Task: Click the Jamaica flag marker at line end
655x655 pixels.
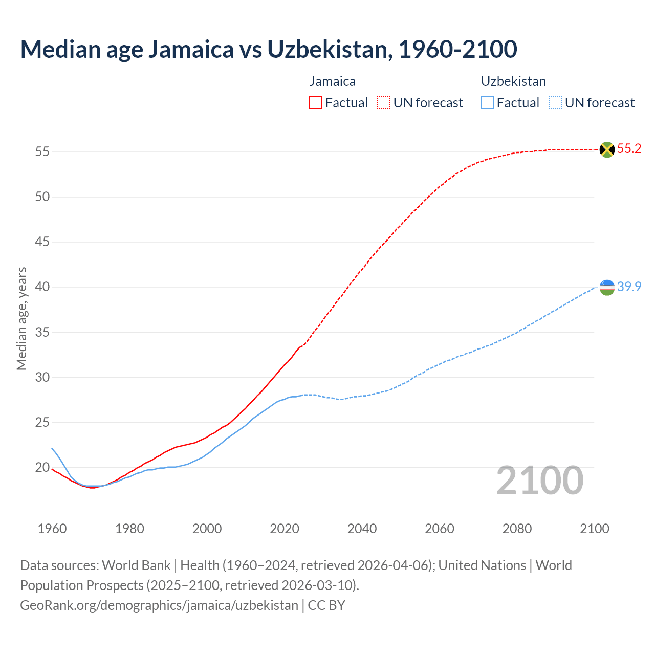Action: [606, 149]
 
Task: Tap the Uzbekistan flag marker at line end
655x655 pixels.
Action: [606, 287]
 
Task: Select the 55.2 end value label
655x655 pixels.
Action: [629, 149]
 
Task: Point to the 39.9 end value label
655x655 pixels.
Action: [629, 287]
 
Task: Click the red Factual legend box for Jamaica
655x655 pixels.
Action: [316, 103]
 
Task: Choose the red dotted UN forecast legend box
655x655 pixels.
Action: [384, 103]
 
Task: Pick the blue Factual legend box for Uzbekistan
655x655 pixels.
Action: [487, 103]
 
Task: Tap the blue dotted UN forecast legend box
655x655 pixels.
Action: [555, 103]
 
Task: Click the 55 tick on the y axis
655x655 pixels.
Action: [42, 152]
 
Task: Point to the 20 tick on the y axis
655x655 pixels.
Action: [42, 468]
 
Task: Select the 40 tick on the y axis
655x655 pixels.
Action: [42, 287]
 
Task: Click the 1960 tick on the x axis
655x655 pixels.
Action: [52, 529]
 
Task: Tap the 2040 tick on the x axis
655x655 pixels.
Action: [362, 529]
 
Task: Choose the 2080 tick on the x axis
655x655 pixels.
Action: [517, 529]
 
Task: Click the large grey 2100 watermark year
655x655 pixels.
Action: [539, 480]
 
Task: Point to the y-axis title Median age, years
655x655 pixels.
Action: [21, 318]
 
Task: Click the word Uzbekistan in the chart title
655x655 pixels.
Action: [329, 49]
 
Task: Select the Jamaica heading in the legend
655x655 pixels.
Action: [333, 81]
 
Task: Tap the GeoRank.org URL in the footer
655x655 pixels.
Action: [159, 605]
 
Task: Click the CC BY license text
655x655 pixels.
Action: [326, 605]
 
